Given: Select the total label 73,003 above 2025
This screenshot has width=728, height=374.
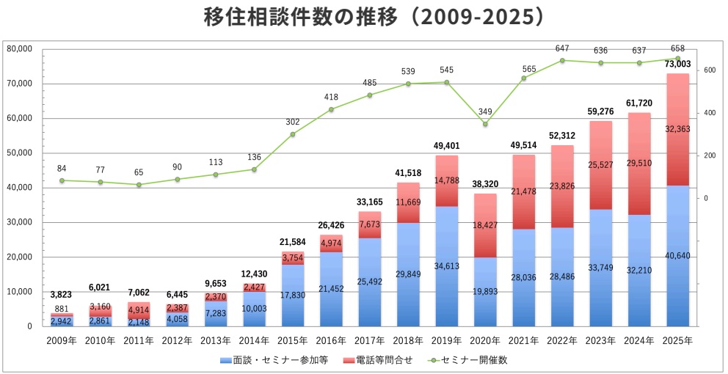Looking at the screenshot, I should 677,65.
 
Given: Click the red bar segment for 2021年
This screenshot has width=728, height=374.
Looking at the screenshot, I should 523,191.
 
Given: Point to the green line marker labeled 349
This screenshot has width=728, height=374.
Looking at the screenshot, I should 485,124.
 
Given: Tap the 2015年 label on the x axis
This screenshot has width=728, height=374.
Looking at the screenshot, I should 292,341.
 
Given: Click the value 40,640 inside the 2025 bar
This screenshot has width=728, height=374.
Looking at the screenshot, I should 677,257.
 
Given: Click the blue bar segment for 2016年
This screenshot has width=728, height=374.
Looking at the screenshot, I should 331,289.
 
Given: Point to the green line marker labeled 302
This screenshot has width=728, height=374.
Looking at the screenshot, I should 293,134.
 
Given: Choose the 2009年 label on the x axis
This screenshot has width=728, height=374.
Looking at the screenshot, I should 62,341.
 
